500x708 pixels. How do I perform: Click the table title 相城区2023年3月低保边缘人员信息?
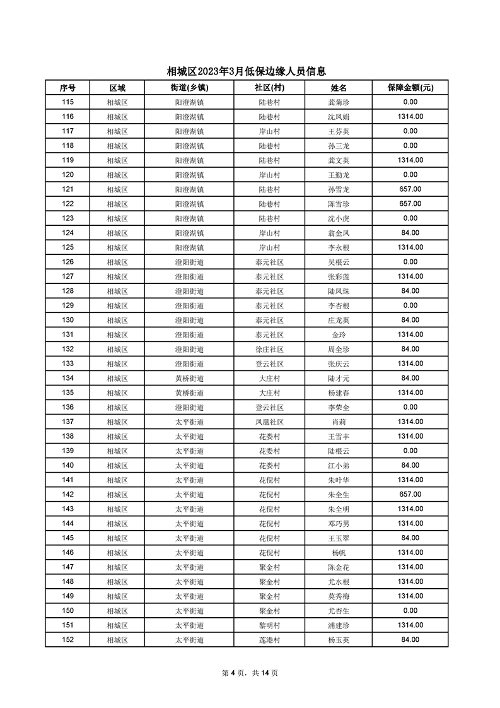[x=250, y=71]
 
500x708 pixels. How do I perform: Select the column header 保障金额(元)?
[x=410, y=88]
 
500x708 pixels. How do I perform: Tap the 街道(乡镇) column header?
[x=189, y=88]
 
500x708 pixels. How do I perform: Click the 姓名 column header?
[x=339, y=88]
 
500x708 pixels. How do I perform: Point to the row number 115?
[x=68, y=102]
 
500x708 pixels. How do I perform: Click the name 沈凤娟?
[x=339, y=117]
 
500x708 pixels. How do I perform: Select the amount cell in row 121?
[x=410, y=189]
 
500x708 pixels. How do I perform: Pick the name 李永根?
[x=339, y=247]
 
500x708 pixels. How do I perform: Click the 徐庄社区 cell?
[x=269, y=349]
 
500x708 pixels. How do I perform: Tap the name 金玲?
[x=339, y=334]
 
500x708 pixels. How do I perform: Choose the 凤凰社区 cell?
[x=269, y=422]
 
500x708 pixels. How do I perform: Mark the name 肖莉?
[x=339, y=422]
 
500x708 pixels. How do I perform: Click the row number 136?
[x=68, y=407]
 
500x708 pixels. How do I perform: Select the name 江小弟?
[x=339, y=465]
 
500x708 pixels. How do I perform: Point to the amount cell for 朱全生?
[x=410, y=494]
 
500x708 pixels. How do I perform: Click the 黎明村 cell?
[x=269, y=625]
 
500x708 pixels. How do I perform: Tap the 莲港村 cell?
[x=269, y=639]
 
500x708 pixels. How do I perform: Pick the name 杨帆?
[x=339, y=552]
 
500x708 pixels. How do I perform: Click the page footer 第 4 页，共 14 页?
[x=250, y=673]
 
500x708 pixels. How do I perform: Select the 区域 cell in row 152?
[x=117, y=639]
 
